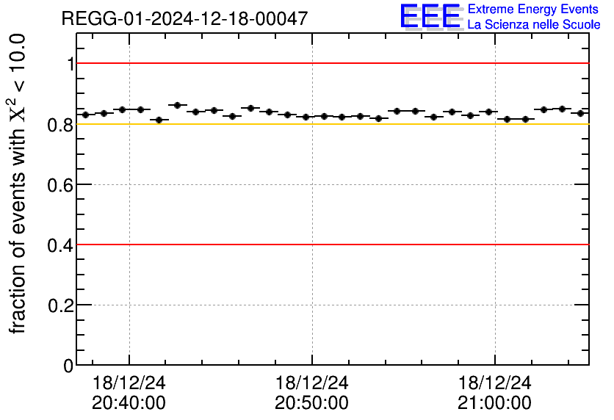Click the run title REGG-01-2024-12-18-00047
pyautogui.click(x=184, y=18)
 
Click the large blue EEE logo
pyautogui.click(x=431, y=16)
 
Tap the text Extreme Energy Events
pyautogui.click(x=534, y=10)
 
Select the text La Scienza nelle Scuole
pyautogui.click(x=534, y=25)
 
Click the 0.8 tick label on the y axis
pyautogui.click(x=61, y=125)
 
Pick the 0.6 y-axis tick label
pyautogui.click(x=61, y=185)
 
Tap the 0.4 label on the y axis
pyautogui.click(x=61, y=245)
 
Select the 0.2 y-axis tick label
pyautogui.click(x=61, y=305)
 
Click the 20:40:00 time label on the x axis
pyautogui.click(x=129, y=402)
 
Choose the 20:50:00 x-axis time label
pyautogui.click(x=311, y=402)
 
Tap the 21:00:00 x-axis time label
pyautogui.click(x=494, y=402)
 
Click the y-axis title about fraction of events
pyautogui.click(x=19, y=184)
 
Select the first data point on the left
pyautogui.click(x=85, y=115)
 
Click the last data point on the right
pyautogui.click(x=580, y=113)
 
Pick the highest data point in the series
pyautogui.click(x=177, y=105)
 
